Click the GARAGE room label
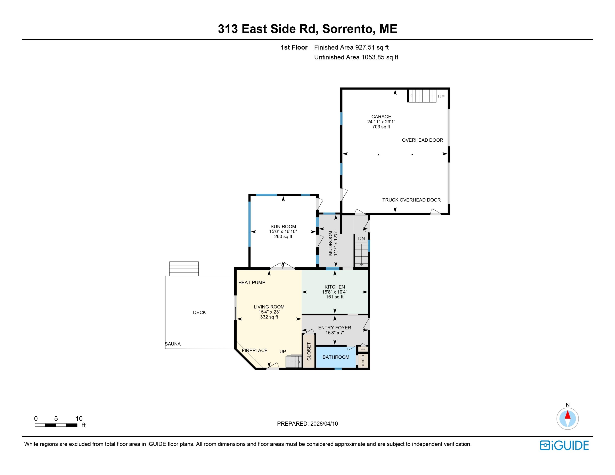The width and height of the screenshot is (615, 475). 381,117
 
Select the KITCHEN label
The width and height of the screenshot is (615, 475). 335,287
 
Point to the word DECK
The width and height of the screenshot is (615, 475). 199,312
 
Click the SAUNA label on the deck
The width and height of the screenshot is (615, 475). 173,344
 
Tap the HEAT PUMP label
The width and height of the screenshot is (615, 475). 252,282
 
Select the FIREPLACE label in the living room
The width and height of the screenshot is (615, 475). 255,350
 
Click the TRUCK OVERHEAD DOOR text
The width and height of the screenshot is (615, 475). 411,200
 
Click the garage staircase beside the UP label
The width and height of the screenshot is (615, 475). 422,96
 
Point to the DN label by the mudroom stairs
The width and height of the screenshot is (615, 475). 361,238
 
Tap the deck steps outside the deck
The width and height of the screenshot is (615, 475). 184,268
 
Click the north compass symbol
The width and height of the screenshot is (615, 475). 567,419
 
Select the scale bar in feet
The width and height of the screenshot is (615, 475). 56,425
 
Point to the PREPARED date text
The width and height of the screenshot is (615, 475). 307,424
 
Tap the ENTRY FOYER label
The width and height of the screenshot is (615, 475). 335,327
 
